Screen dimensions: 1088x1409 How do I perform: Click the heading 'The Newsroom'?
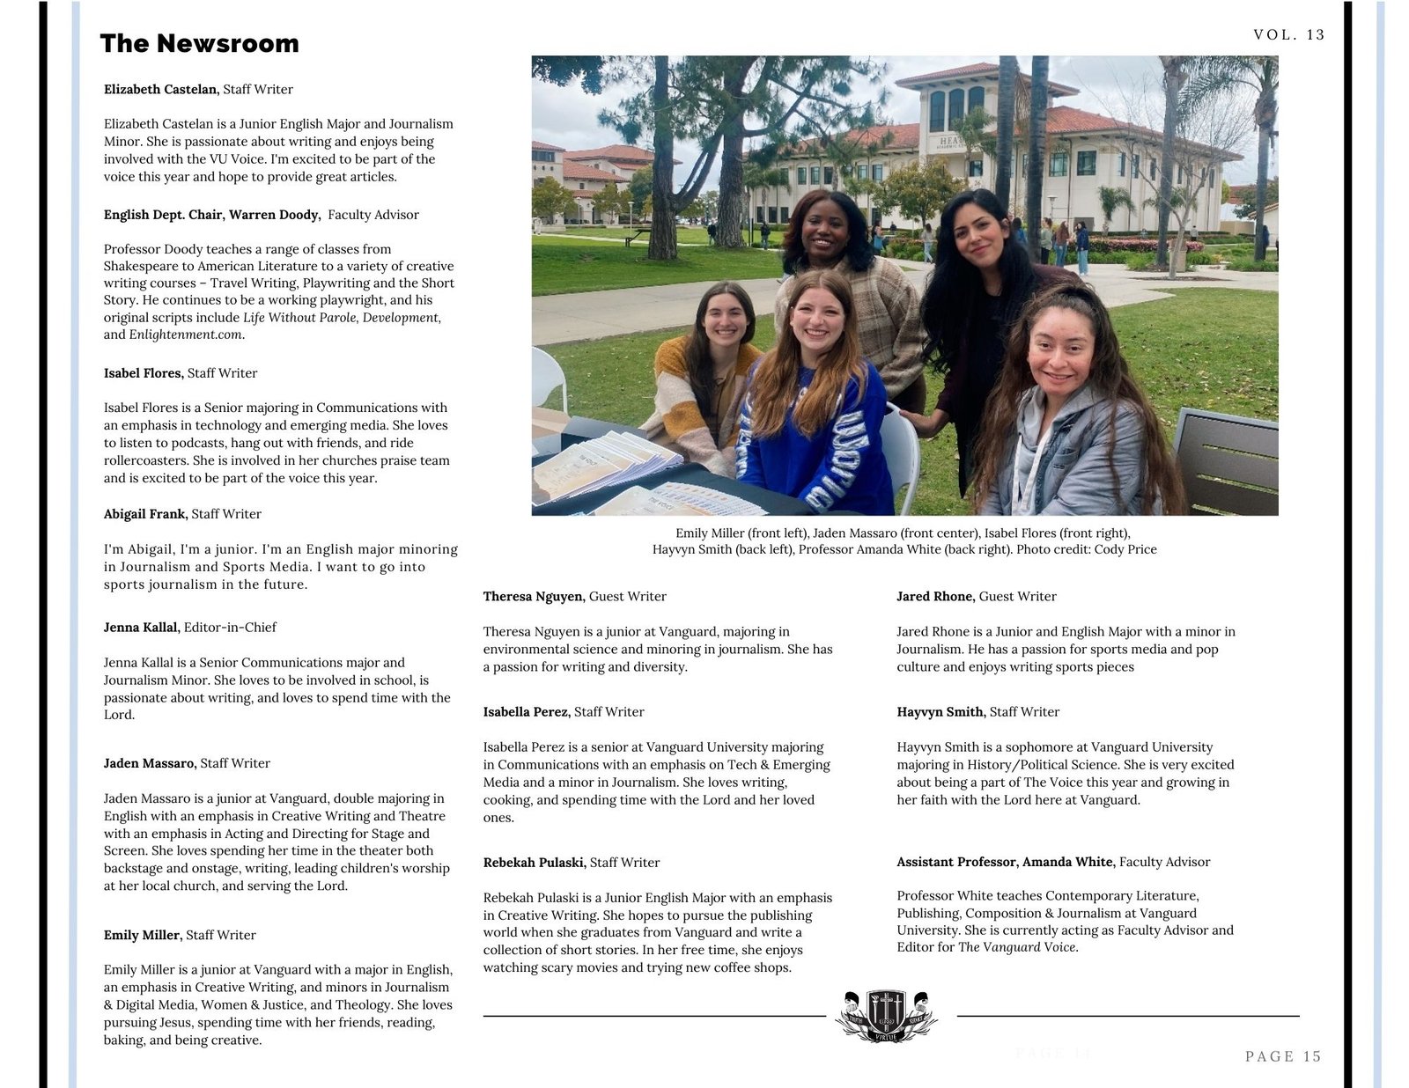tap(199, 43)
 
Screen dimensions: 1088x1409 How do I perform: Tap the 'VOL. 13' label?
tap(1288, 34)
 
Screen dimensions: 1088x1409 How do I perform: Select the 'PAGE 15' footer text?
tap(1283, 1056)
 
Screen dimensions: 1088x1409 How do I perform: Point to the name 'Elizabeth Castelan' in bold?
tap(160, 89)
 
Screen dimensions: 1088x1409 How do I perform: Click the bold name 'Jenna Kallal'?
tap(141, 628)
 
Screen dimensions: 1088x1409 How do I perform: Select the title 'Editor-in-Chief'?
tap(230, 628)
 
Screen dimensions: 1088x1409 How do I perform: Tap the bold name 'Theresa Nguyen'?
tap(533, 597)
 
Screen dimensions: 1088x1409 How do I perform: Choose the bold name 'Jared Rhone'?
tap(934, 597)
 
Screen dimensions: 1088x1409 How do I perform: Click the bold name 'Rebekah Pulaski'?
tap(534, 863)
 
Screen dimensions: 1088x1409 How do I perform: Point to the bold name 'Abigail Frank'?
tap(144, 514)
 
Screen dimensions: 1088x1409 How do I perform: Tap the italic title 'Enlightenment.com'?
tap(185, 334)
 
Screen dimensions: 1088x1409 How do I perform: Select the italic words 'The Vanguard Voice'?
tap(1016, 947)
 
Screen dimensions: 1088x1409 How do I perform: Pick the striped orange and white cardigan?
tap(696, 405)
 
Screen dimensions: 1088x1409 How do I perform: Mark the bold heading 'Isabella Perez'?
tap(526, 712)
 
